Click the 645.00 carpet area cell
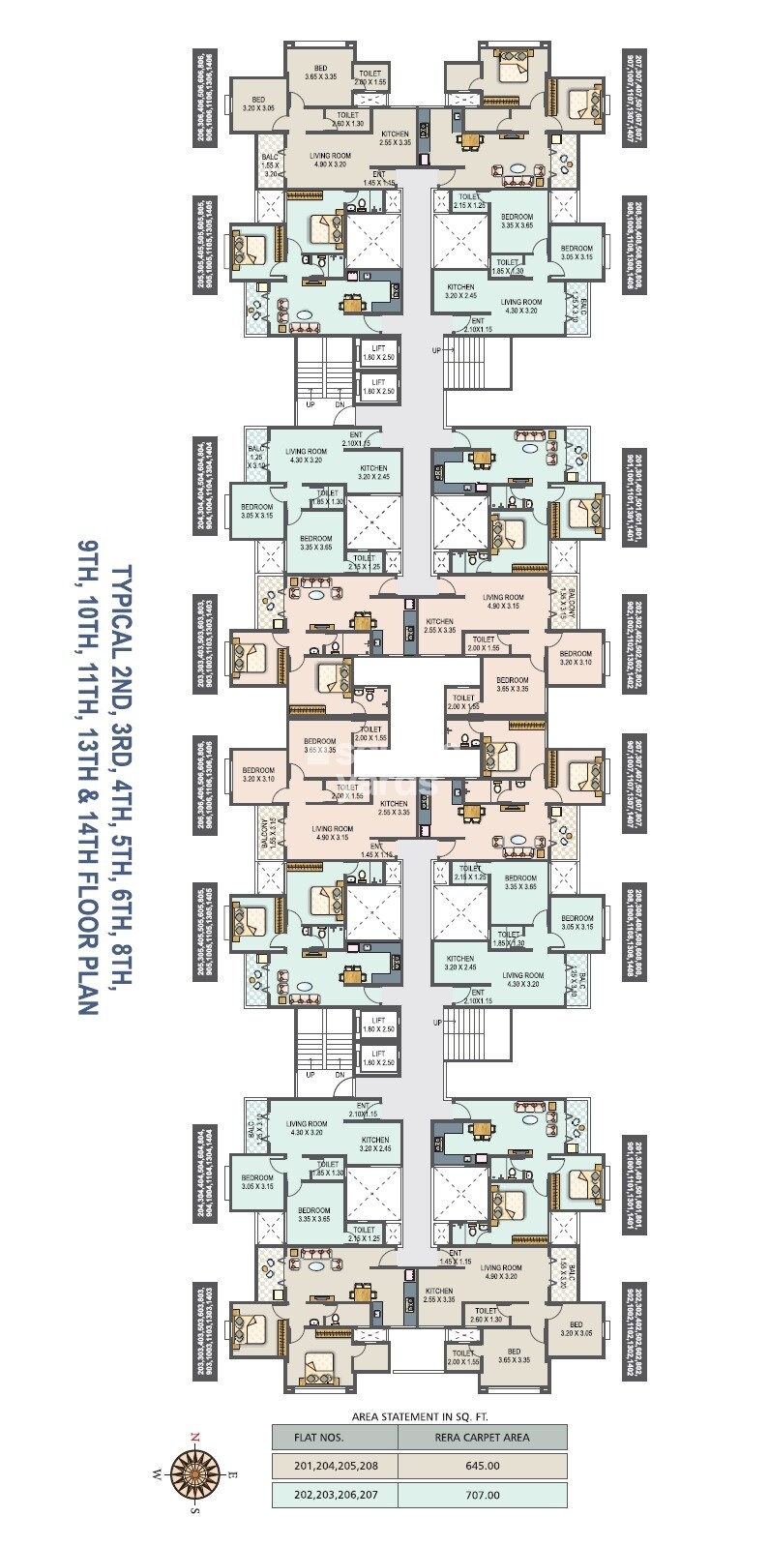[x=483, y=1466]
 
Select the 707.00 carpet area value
[x=483, y=1495]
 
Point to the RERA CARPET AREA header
[x=483, y=1437]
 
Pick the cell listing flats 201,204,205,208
[x=336, y=1466]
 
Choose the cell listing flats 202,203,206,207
[x=336, y=1495]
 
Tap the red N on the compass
[x=194, y=1437]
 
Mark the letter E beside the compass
[x=232, y=1474]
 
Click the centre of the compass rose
[x=194, y=1474]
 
